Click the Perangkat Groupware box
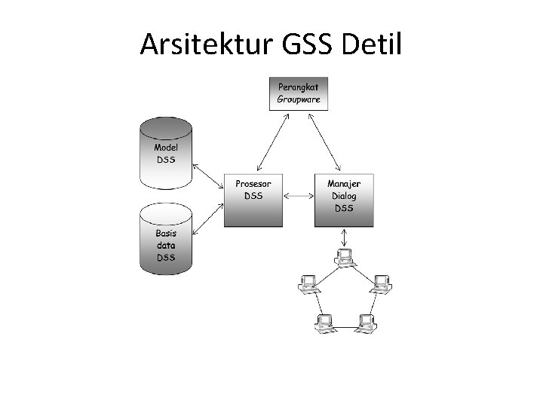point(299,93)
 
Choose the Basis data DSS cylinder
point(166,241)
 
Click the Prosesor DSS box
point(253,200)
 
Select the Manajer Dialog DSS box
point(344,200)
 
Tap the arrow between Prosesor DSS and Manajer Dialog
point(299,197)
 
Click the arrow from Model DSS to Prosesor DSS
point(208,174)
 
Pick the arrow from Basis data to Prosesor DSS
point(208,219)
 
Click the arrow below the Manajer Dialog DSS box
point(345,238)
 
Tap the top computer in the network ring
point(345,258)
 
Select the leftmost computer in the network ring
point(308,284)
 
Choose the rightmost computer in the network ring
point(382,284)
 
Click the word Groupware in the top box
point(299,99)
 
